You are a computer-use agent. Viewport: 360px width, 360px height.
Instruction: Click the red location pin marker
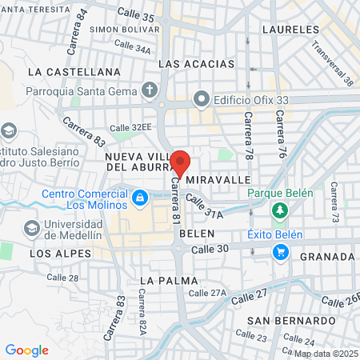click(180, 162)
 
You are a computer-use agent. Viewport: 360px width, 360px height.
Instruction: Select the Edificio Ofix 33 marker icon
click(200, 102)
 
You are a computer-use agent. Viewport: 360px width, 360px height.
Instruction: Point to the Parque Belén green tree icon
click(281, 210)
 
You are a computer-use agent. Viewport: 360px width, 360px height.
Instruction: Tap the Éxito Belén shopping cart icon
click(281, 252)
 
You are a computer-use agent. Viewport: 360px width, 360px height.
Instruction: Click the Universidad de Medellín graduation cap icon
click(31, 228)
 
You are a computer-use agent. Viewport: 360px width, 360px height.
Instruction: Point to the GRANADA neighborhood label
click(327, 257)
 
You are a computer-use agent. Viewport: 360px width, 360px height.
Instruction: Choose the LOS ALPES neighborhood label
click(55, 254)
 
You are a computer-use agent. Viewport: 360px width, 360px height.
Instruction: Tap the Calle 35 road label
click(136, 14)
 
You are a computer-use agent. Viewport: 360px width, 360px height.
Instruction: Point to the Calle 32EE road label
click(130, 127)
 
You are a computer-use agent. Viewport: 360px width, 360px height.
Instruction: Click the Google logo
click(26, 350)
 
